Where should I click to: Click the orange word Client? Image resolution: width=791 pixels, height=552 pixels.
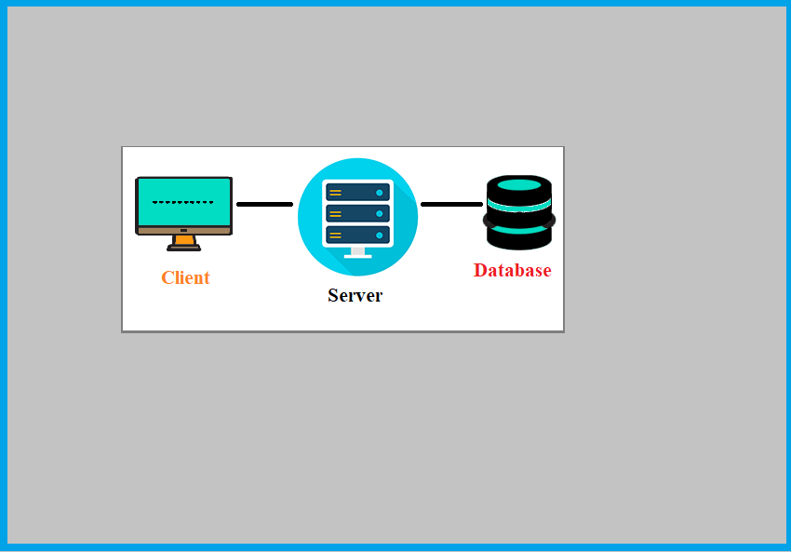185,277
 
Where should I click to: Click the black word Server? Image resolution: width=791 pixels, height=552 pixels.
355,295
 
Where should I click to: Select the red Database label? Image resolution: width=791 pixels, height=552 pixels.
512,270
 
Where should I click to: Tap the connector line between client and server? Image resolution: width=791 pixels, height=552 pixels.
264,204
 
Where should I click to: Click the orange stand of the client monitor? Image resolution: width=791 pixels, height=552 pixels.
184,240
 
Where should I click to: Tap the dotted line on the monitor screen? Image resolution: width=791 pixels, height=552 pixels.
183,202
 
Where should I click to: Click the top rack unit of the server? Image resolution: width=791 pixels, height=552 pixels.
357,193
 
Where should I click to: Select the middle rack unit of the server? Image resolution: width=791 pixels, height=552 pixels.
357,213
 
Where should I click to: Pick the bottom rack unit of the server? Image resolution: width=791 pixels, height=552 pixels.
357,235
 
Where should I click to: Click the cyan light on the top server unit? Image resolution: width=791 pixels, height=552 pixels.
380,193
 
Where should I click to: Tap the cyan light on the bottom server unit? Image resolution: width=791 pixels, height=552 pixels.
380,235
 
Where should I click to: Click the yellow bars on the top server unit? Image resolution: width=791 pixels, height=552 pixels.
335,193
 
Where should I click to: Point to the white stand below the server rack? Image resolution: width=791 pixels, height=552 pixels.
357,252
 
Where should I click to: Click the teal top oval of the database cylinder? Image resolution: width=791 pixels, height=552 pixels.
519,184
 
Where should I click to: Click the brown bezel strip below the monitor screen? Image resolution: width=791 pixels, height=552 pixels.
183,230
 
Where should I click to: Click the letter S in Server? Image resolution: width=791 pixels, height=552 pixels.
333,295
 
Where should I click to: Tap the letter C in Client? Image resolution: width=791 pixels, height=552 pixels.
168,277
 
